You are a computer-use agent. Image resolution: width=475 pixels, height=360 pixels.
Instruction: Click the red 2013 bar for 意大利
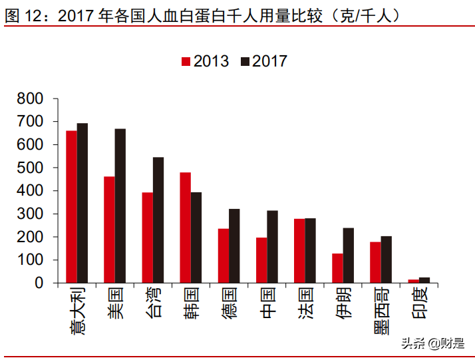(71, 206)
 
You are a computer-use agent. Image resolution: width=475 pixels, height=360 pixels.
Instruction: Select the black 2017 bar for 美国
(120, 206)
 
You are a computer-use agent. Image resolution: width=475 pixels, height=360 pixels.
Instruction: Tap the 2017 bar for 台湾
(158, 220)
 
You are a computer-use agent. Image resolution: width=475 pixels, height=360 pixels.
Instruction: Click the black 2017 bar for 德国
(234, 246)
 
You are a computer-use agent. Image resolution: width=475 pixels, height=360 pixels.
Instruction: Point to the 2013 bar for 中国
(261, 260)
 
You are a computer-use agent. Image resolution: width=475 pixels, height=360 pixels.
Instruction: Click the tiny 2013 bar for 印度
(413, 281)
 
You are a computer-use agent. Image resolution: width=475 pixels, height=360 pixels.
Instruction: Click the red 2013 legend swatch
(186, 62)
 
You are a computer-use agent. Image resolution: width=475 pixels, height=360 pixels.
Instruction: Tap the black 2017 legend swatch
(245, 62)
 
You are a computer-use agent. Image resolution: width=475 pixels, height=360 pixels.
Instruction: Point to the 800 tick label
(31, 98)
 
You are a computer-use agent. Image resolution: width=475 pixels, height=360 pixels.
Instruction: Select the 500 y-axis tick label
(31, 168)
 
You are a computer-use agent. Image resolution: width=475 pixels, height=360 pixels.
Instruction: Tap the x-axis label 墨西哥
(381, 312)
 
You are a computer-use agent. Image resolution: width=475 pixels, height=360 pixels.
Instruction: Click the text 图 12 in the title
(28, 15)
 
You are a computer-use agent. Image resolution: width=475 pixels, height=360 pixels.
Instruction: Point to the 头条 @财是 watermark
(433, 343)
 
